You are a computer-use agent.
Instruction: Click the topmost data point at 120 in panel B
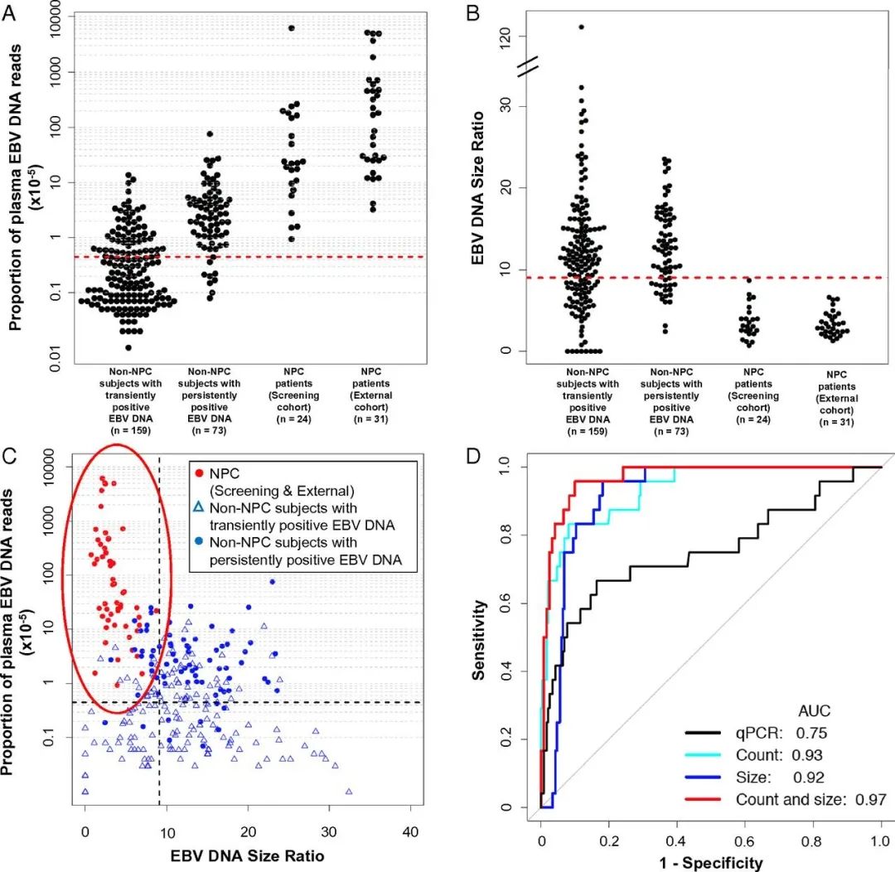581,27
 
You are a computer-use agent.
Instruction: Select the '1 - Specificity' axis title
709,862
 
